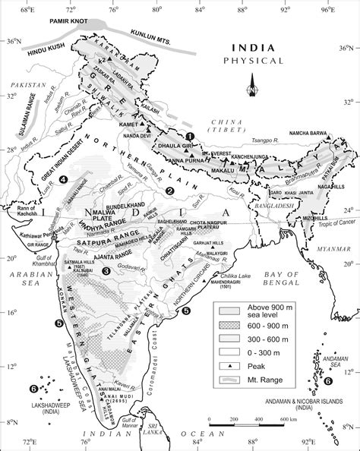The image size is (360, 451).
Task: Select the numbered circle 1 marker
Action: pyautogui.click(x=191, y=136)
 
